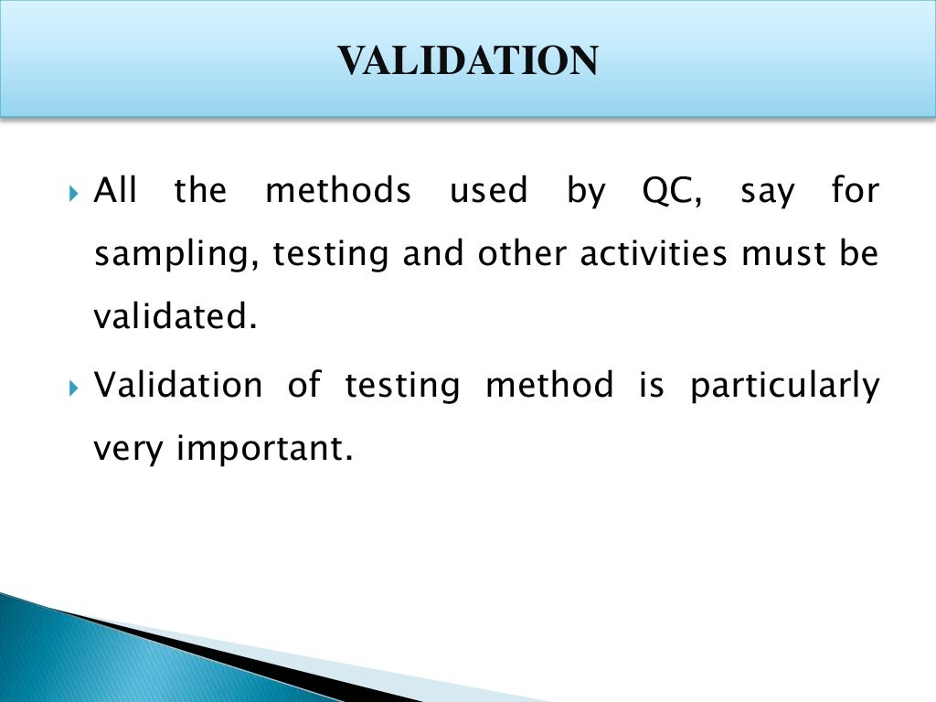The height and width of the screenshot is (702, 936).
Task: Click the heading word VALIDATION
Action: coord(468,60)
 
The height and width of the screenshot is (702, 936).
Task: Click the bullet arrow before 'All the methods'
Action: coord(75,194)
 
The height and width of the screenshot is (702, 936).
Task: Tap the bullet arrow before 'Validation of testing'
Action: coord(75,388)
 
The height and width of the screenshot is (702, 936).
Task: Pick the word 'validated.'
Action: coord(171,317)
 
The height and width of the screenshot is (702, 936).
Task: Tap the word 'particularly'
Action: coord(784,387)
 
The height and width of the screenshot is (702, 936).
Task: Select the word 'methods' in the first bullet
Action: coord(337,192)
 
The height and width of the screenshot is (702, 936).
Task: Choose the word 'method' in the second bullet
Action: coord(549,385)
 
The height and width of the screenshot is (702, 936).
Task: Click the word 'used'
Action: coord(489,192)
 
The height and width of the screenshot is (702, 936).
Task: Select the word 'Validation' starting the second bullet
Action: coord(178,385)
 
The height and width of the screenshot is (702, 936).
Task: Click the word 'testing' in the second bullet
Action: coord(402,387)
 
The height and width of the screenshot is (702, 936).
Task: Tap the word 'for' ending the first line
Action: coord(855,192)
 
